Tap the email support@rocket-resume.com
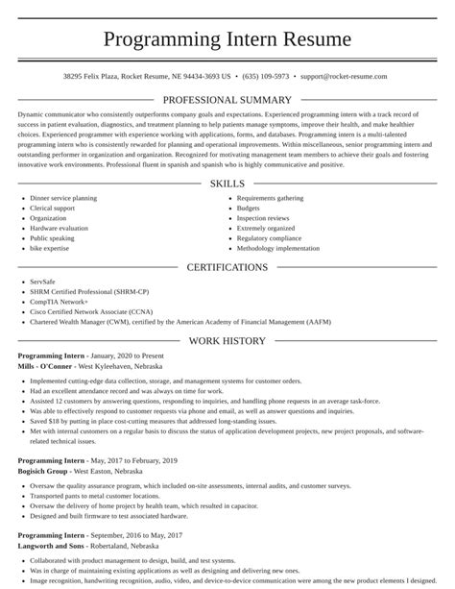(x=343, y=76)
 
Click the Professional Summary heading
(x=227, y=100)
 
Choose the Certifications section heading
(x=227, y=267)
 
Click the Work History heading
(x=227, y=340)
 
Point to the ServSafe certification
(x=43, y=282)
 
